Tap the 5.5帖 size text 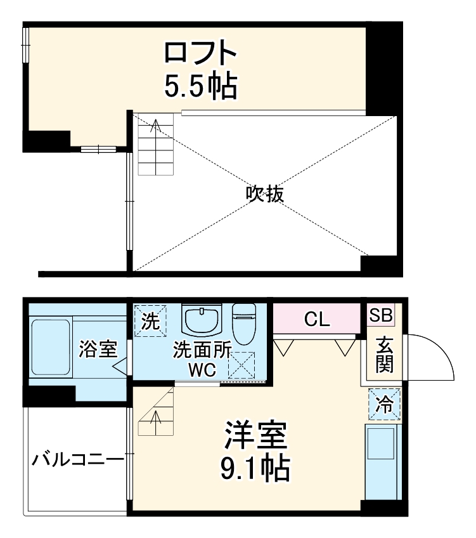click(x=200, y=86)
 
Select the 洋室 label click(x=255, y=436)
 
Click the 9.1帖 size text click(x=255, y=469)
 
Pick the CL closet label click(x=316, y=320)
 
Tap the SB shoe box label click(x=381, y=315)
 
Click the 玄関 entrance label click(x=384, y=355)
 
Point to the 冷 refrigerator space click(x=385, y=403)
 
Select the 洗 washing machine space click(x=150, y=320)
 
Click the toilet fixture click(x=244, y=321)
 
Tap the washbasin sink click(x=202, y=319)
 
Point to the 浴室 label click(x=98, y=348)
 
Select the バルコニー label click(x=77, y=458)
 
